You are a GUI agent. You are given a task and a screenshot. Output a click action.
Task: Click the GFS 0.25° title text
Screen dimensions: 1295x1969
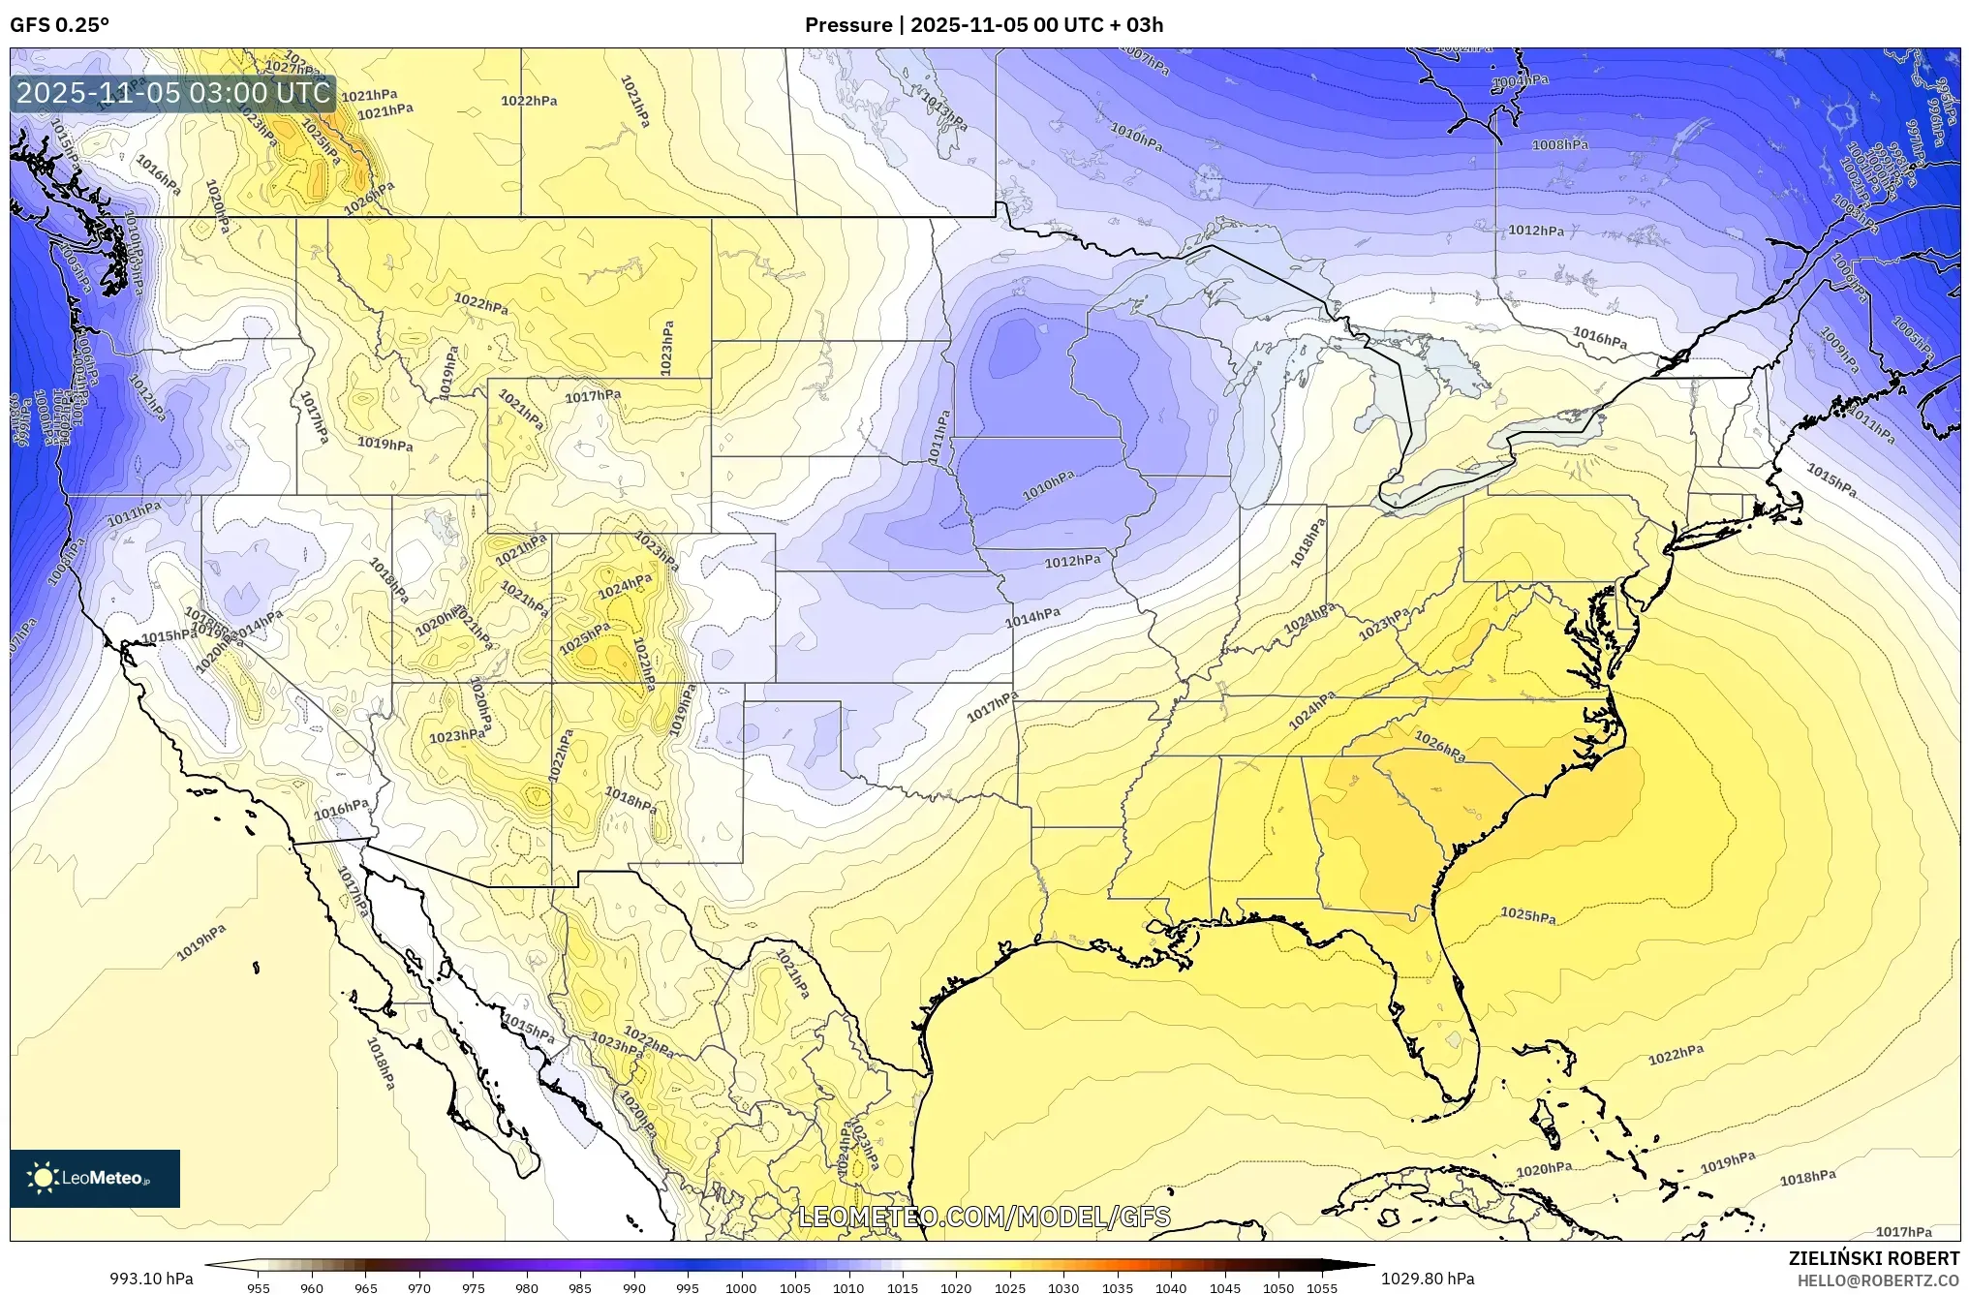tap(59, 25)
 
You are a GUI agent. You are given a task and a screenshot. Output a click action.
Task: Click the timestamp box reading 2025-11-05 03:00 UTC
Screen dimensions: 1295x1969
tap(174, 94)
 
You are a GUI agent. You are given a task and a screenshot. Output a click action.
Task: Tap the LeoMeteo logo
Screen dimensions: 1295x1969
tap(95, 1178)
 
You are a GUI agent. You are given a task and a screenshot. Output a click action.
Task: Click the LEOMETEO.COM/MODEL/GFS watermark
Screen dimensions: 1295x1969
tap(984, 1217)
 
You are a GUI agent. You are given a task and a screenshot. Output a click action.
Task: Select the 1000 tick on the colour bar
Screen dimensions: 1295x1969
tap(741, 1288)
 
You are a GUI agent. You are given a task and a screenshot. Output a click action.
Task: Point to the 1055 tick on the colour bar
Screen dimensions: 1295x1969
tap(1322, 1288)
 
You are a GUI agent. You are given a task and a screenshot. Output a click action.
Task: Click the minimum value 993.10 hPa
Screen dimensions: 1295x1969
tap(151, 1279)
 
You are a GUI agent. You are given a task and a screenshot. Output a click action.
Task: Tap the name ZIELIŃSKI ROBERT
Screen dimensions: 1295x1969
tap(1873, 1258)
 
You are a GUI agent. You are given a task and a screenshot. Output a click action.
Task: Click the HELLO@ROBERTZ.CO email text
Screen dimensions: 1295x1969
tap(1878, 1280)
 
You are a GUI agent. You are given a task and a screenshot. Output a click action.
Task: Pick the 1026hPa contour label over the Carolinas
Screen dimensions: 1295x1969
tap(1439, 746)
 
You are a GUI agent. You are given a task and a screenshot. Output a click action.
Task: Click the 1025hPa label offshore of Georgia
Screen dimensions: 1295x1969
tap(1528, 914)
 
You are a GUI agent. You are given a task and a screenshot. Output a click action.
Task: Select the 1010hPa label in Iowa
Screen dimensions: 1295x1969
tap(1048, 486)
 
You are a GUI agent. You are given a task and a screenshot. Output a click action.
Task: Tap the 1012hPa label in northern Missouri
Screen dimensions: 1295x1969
tap(1072, 561)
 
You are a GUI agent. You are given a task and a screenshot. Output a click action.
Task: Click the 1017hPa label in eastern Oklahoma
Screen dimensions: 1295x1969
tap(993, 707)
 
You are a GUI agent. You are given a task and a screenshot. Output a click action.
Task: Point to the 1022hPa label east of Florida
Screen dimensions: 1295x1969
tap(1677, 1055)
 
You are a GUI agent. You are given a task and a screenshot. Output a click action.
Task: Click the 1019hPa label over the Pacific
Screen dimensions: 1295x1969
tap(201, 942)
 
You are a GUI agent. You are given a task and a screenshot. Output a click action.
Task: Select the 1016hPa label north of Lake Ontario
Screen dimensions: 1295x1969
tap(1599, 338)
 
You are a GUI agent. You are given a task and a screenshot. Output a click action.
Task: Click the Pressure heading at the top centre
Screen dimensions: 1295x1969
tap(848, 25)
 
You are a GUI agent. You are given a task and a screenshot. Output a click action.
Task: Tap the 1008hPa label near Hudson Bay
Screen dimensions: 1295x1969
tap(1559, 145)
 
